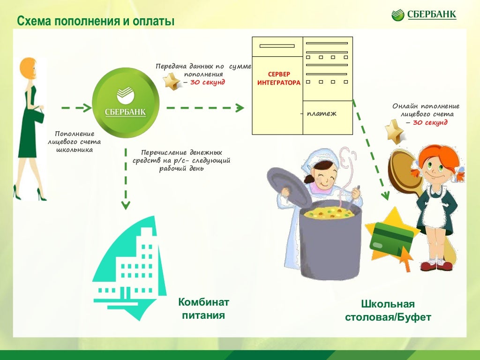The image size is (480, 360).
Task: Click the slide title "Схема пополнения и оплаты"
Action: tap(96, 22)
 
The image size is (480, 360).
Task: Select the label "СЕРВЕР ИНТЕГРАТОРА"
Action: tap(278, 79)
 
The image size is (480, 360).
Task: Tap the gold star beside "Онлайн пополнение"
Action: tap(394, 131)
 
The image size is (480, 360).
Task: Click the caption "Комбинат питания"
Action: tap(203, 308)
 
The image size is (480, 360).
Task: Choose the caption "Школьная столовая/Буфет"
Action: tap(388, 310)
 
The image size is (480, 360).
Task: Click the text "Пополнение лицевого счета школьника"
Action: tap(74, 142)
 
